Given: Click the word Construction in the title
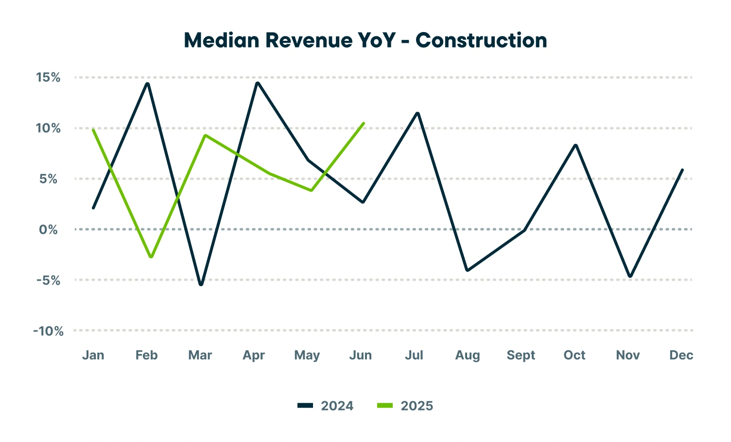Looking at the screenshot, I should point(481,40).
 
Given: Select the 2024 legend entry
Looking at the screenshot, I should point(326,406).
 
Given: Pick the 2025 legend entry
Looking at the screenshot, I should point(405,406).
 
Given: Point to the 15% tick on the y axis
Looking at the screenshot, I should point(48,77).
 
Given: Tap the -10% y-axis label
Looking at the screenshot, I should point(48,331).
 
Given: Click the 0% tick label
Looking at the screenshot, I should point(48,230).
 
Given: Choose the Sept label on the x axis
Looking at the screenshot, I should point(521,356).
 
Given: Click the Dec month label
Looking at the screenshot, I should point(681,356).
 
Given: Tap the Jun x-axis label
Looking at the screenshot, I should point(360,356).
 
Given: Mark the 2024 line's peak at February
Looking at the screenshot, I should point(147,84).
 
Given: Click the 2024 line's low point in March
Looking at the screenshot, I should point(201,285).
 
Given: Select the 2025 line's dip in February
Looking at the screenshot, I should point(151,257).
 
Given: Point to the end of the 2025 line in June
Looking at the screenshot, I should point(364,123).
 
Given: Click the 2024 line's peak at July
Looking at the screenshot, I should point(418,113).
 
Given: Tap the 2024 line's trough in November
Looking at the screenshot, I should point(630,276).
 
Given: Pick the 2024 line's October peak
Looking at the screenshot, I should point(576,145).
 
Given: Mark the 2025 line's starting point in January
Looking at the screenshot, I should point(93,130).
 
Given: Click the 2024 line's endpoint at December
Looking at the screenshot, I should point(682,170).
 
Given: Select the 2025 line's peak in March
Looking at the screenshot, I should point(206,135).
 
